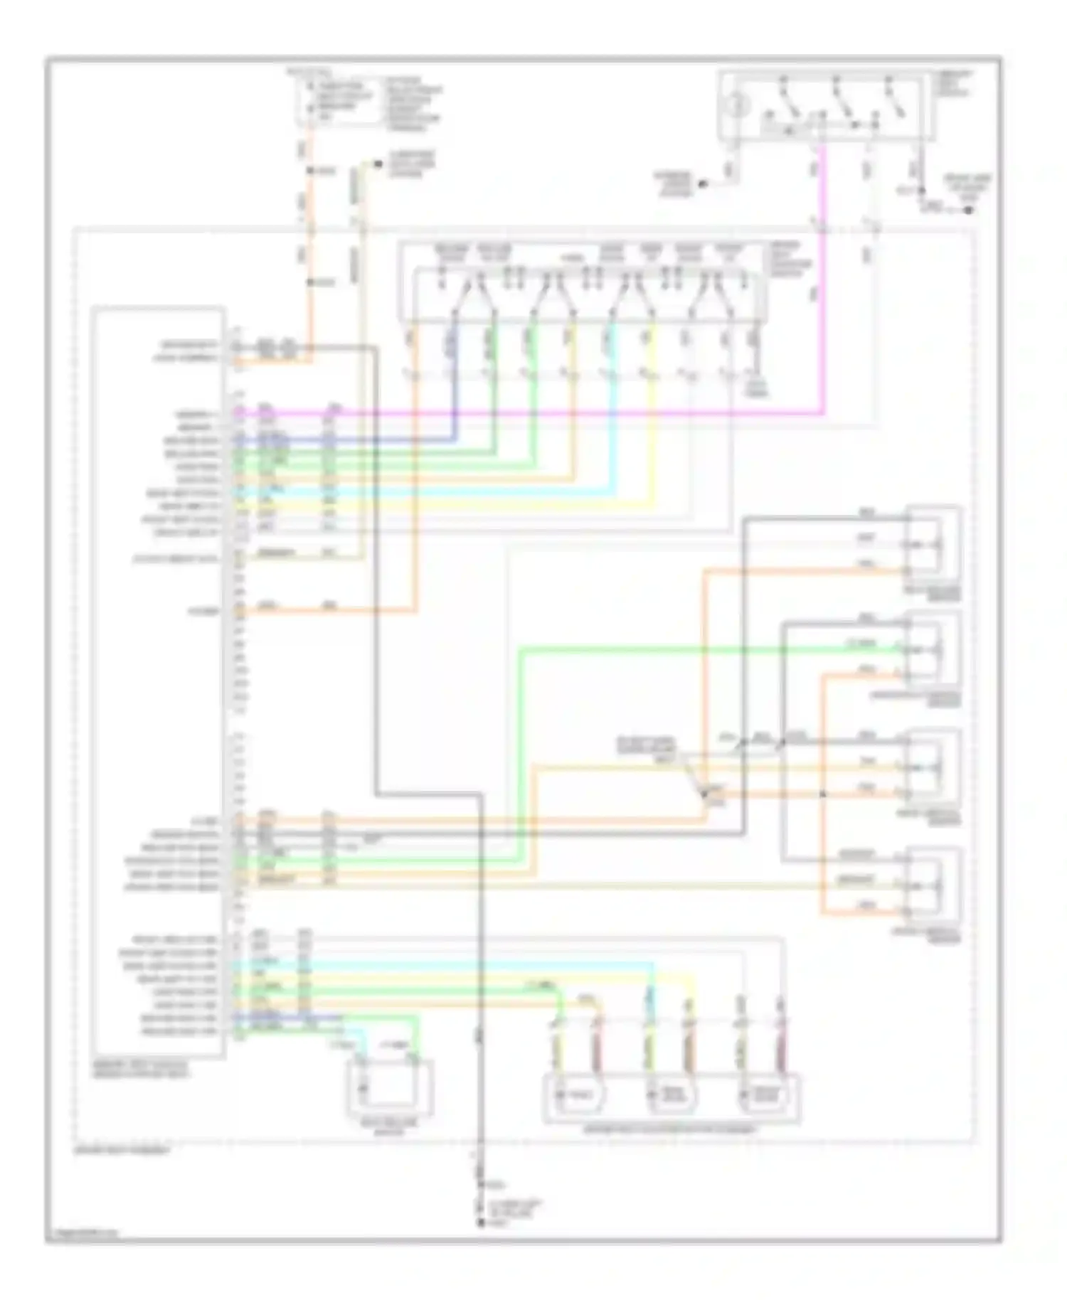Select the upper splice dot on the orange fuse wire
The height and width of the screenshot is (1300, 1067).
pyautogui.click(x=311, y=171)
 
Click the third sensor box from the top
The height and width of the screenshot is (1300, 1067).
pyautogui.click(x=932, y=769)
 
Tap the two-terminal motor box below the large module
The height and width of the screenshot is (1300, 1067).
pyautogui.click(x=390, y=1089)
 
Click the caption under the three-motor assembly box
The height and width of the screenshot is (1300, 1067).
pyautogui.click(x=671, y=1129)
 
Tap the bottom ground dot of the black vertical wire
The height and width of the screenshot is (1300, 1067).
pyautogui.click(x=480, y=1223)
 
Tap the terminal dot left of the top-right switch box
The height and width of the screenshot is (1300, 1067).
pyautogui.click(x=702, y=184)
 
